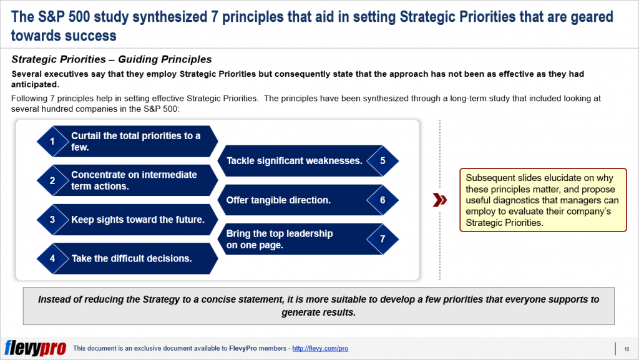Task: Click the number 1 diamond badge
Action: click(52, 142)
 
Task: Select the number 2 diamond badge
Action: click(52, 181)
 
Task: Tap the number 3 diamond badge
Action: click(52, 220)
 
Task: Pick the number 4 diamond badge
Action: click(52, 258)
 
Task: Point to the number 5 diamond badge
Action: click(383, 161)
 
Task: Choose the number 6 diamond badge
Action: click(383, 200)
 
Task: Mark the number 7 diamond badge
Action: click(383, 239)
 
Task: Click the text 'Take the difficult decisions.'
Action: click(131, 258)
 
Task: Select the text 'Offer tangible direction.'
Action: click(278, 200)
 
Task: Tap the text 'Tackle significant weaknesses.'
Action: click(294, 161)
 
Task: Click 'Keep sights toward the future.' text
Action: click(137, 220)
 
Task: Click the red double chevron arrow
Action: click(440, 200)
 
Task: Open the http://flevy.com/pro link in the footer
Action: click(320, 348)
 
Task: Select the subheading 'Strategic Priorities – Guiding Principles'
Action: click(112, 60)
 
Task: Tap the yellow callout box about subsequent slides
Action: click(542, 200)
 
